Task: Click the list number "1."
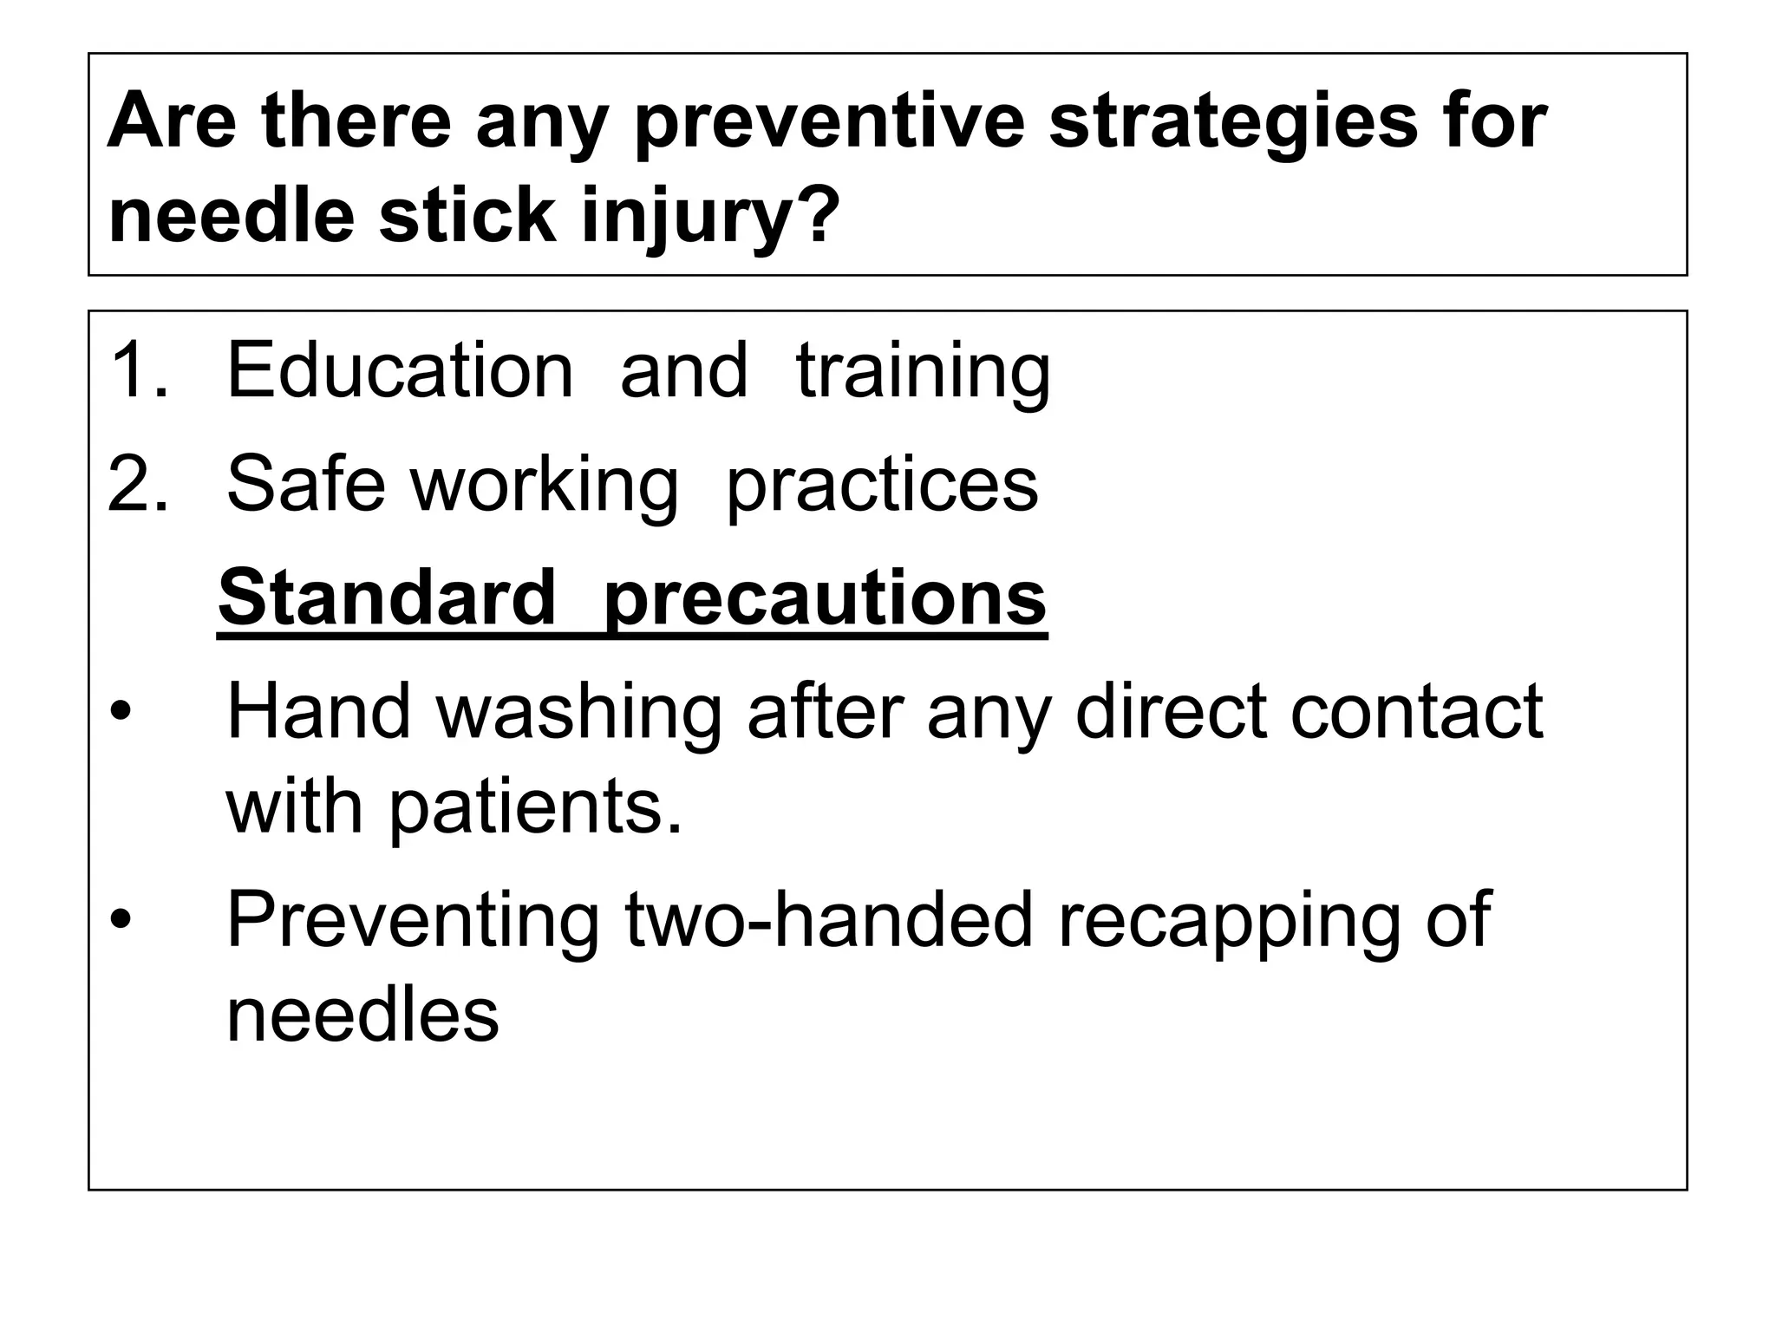[x=139, y=371]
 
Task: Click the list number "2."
[x=139, y=484]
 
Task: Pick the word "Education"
[x=400, y=371]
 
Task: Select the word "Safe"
[x=305, y=484]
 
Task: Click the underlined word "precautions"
[x=825, y=598]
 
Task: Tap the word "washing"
[x=578, y=713]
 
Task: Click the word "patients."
[x=535, y=806]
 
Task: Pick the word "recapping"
[x=1228, y=921]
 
